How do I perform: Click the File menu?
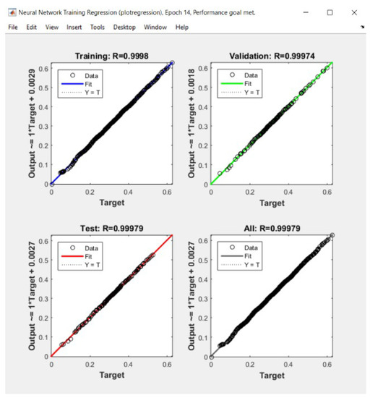point(12,27)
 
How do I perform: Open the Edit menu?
point(31,27)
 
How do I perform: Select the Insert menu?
point(74,27)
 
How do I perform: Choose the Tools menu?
point(97,27)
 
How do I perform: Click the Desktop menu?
point(124,27)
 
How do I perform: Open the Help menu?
point(181,27)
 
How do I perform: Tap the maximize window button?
point(330,12)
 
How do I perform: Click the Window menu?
point(155,27)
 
